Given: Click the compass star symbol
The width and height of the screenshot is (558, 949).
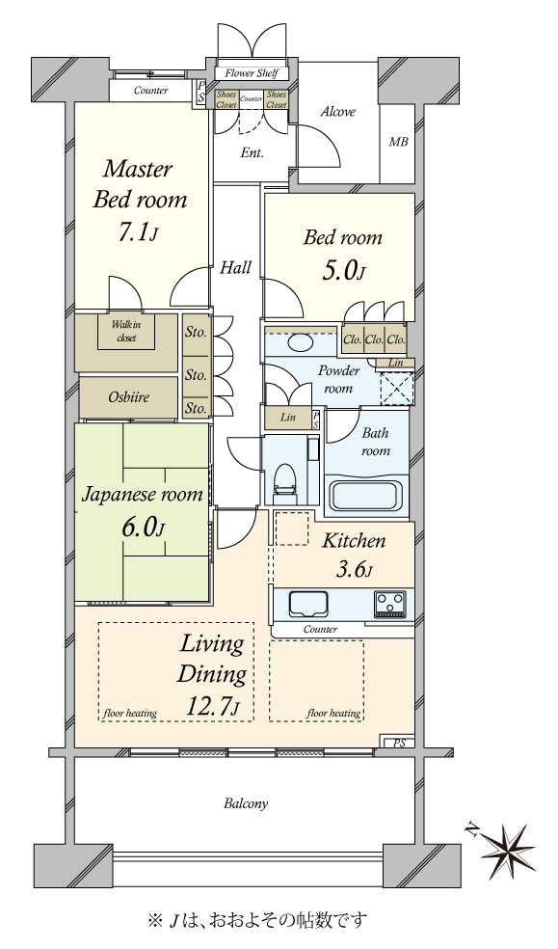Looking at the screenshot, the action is [508, 849].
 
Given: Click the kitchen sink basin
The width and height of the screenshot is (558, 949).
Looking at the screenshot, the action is [308, 604].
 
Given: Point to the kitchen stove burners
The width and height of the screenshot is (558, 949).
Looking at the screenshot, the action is [390, 604].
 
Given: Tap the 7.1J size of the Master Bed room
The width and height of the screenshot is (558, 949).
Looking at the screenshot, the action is [137, 232].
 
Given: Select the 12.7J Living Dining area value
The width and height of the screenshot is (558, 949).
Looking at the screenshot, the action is [212, 706].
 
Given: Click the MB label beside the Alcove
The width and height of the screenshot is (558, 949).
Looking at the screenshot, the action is [398, 142].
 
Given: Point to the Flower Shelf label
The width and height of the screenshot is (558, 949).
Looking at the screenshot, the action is [252, 73].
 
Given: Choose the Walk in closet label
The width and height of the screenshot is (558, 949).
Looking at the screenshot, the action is [126, 332].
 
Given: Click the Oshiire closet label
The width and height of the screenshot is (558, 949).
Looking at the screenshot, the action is [129, 397].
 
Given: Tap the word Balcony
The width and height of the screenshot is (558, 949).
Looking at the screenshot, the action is [246, 804].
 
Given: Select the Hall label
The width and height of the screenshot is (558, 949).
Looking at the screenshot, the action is [235, 267].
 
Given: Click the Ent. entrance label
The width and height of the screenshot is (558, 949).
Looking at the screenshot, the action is [252, 153].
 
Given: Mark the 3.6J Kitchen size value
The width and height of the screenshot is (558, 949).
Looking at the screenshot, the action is [354, 570].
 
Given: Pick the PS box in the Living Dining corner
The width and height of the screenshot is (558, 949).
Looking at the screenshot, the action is [400, 744].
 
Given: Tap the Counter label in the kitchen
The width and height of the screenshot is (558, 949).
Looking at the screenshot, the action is [320, 630].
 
